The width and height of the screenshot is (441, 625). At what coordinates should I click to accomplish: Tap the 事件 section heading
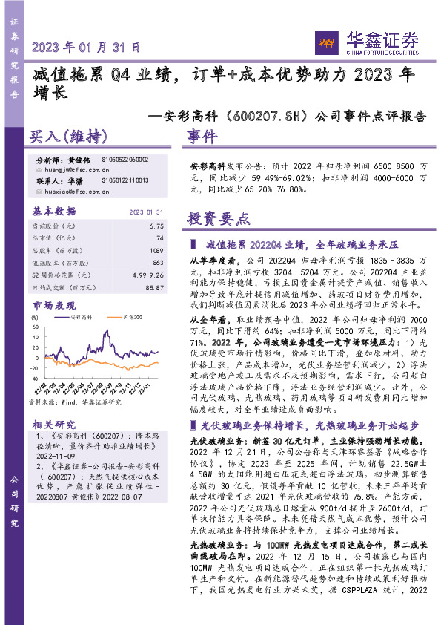[202, 137]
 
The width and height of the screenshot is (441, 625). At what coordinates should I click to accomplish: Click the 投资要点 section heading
[219, 219]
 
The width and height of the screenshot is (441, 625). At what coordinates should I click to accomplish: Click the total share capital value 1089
[156, 251]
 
